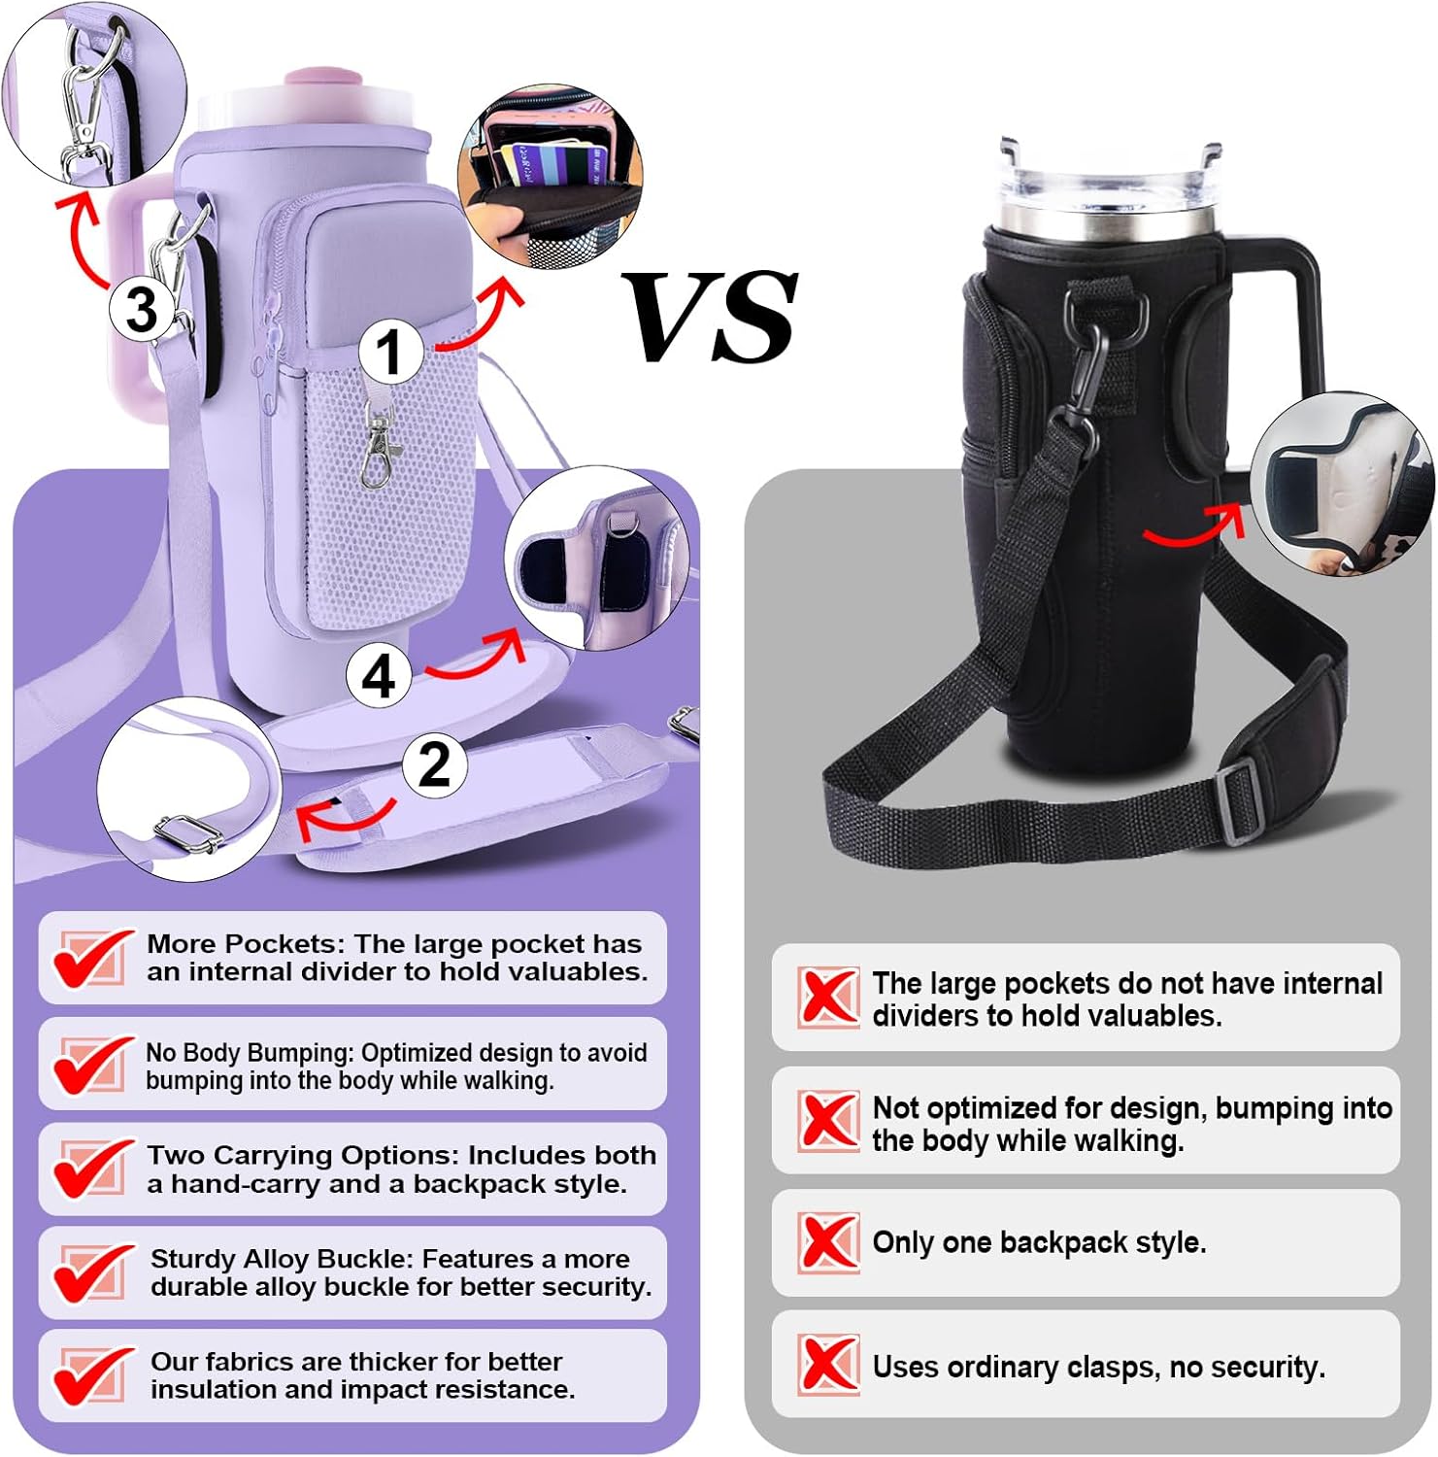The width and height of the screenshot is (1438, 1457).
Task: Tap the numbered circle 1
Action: click(x=390, y=351)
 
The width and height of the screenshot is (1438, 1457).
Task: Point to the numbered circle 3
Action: click(x=142, y=309)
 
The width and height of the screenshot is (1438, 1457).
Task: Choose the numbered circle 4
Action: click(x=379, y=676)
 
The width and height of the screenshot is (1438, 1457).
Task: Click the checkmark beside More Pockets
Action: click(x=92, y=958)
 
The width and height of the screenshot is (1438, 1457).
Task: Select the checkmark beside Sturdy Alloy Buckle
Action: click(x=92, y=1272)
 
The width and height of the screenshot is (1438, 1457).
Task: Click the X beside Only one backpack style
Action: click(x=828, y=1242)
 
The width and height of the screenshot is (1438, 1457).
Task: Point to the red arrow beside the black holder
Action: click(x=1194, y=525)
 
